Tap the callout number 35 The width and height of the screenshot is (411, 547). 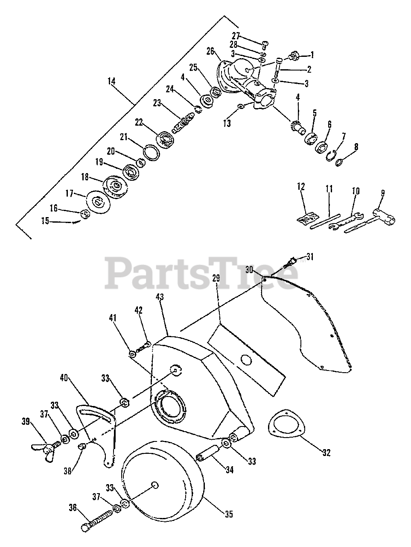click(x=229, y=514)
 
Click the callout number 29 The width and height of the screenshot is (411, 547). click(x=216, y=278)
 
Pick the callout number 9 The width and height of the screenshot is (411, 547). click(x=382, y=193)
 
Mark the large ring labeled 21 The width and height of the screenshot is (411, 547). click(x=149, y=152)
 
